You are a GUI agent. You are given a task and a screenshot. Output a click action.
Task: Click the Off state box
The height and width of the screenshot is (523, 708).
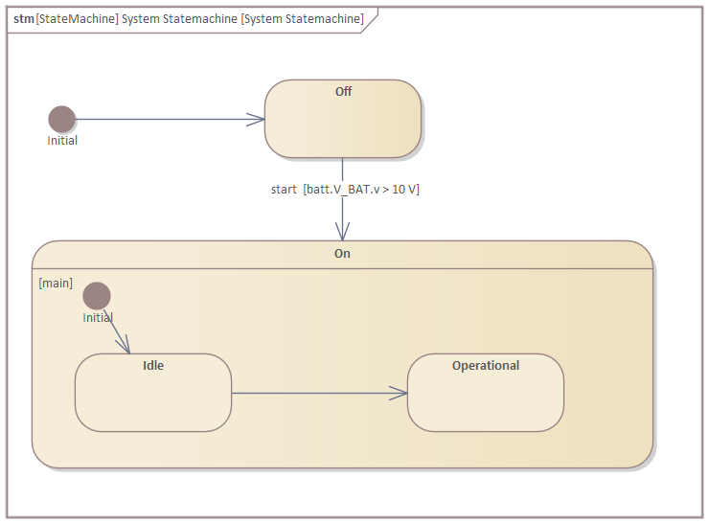tap(342, 125)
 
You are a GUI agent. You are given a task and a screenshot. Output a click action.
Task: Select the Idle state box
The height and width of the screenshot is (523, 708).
tap(153, 398)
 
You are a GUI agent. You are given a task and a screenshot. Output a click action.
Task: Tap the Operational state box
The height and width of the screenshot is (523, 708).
tap(486, 400)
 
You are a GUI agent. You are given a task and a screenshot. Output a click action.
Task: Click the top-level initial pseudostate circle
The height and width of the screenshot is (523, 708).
tap(62, 119)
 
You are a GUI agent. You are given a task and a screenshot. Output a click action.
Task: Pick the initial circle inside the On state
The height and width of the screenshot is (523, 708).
tap(97, 296)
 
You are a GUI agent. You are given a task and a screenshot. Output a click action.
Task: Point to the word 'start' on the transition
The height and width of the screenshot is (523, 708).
tap(284, 190)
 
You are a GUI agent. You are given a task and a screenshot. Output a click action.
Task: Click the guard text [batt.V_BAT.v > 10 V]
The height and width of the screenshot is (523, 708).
tap(361, 190)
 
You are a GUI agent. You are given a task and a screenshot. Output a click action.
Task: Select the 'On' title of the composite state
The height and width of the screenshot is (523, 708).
tap(342, 254)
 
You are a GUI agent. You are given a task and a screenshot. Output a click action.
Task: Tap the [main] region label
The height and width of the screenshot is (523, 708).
tap(56, 284)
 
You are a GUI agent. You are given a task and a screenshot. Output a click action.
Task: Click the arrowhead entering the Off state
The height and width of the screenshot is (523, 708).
tap(257, 120)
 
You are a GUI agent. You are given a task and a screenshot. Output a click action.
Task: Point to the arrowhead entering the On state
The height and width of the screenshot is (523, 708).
tap(342, 233)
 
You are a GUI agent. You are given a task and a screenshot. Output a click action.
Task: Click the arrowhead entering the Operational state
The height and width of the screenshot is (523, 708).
tap(399, 393)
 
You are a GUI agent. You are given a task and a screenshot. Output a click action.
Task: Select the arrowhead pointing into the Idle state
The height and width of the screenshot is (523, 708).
tap(124, 346)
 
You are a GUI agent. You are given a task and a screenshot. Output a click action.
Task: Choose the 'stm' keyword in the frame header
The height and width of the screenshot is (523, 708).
tap(23, 19)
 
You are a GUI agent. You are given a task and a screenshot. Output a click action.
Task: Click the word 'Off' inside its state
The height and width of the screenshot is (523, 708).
tap(343, 91)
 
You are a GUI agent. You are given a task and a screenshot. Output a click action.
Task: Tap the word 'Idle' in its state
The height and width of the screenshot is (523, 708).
tap(153, 365)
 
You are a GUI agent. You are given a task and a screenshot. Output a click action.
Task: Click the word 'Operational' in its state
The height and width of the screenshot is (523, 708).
tap(486, 365)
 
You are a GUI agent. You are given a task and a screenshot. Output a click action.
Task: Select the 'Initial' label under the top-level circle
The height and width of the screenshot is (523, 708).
tap(62, 141)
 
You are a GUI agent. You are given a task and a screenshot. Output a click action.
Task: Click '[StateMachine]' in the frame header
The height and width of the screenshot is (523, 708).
tap(77, 19)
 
